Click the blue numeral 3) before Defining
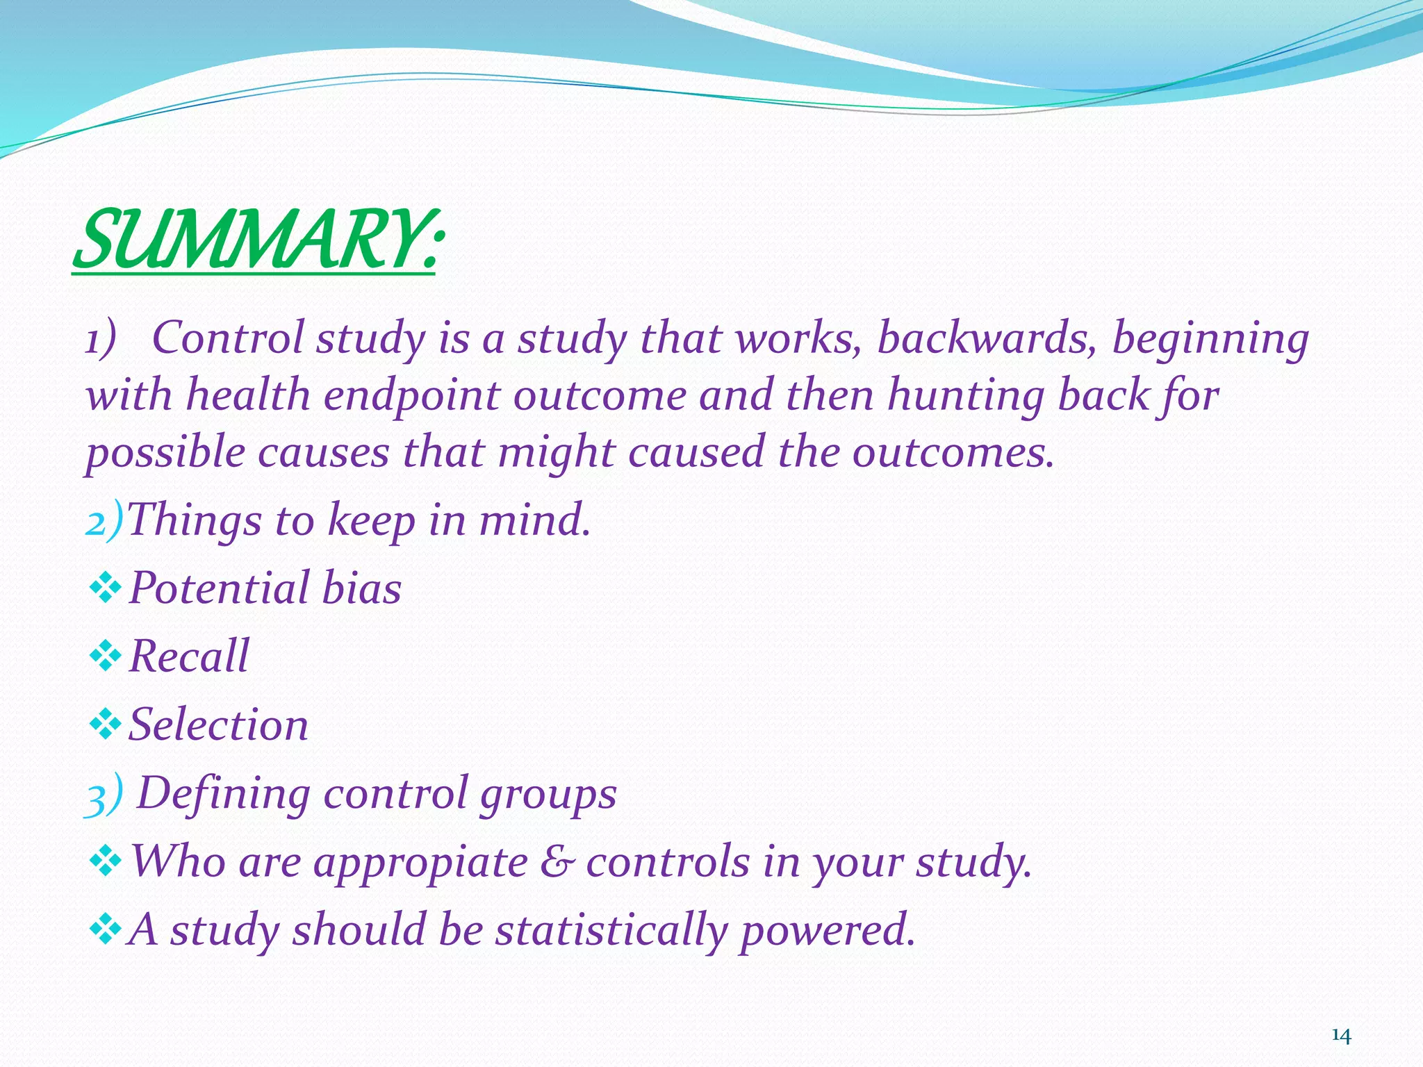click(x=103, y=794)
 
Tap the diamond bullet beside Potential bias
click(x=106, y=588)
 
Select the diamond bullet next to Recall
click(x=106, y=656)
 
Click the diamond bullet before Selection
click(x=106, y=725)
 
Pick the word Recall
click(x=189, y=656)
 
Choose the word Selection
click(x=218, y=725)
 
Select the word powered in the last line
click(x=827, y=931)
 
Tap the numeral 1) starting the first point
click(x=99, y=340)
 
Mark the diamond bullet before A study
click(x=106, y=929)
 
